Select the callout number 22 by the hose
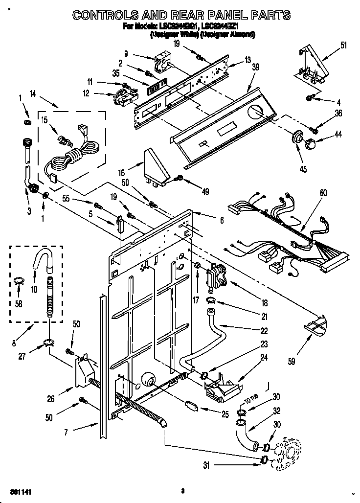click(x=264, y=330)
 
